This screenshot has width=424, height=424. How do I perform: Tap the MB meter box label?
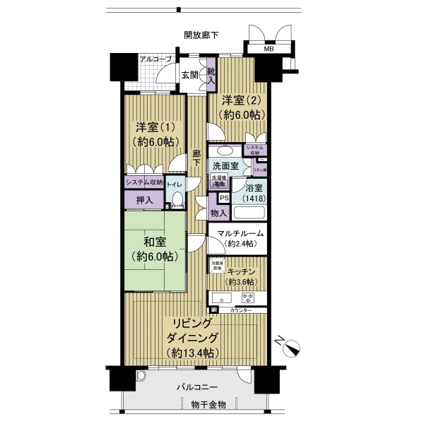pyautogui.click(x=269, y=49)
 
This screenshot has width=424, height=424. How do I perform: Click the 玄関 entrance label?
pyautogui.click(x=189, y=76)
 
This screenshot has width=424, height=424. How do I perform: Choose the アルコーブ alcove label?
pyautogui.click(x=155, y=59)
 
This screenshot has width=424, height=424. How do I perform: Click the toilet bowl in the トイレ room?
pyautogui.click(x=176, y=201)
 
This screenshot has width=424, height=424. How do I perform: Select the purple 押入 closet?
pyautogui.click(x=144, y=200)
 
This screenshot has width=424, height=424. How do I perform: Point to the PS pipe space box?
pyautogui.click(x=223, y=199)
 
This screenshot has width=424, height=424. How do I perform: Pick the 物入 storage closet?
pyautogui.click(x=219, y=213)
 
